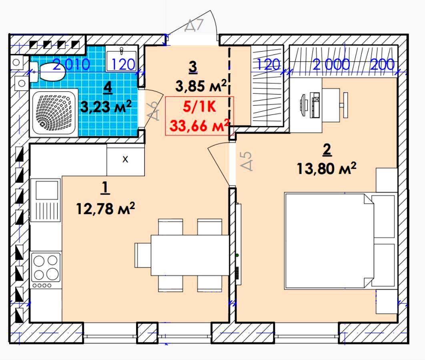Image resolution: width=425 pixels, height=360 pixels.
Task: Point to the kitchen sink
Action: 46,200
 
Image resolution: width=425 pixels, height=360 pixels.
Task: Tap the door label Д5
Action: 247,161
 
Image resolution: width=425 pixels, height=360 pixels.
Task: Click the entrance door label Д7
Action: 194,25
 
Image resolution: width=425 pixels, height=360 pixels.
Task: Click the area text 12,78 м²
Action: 105,209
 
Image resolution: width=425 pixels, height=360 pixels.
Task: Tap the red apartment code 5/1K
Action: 199,107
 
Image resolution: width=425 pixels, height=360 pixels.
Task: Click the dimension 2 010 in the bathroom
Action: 71,64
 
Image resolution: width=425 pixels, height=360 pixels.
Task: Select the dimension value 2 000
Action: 331,64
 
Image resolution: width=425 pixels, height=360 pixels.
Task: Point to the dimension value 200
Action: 382,64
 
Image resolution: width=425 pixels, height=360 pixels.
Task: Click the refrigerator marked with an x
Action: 126,160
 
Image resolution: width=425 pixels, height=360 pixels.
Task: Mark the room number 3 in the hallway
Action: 193,67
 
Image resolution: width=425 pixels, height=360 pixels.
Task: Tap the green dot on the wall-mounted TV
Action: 237,255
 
